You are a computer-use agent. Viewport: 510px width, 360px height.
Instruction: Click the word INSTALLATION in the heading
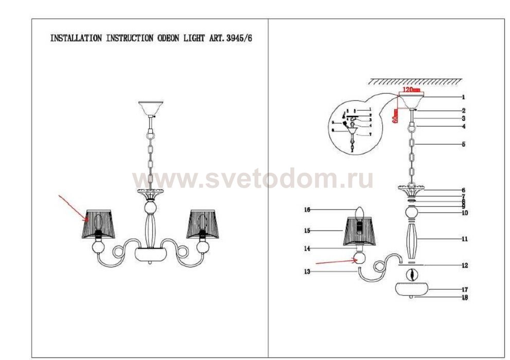pos(76,39)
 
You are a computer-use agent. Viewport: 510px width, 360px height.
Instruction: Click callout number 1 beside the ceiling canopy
pos(463,97)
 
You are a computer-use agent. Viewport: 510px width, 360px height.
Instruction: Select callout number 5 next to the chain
pos(463,145)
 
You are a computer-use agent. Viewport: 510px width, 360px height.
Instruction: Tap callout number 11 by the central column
pos(464,239)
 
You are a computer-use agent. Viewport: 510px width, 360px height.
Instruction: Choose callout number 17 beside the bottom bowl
pos(464,290)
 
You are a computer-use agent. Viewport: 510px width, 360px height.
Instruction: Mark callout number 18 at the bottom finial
pos(464,298)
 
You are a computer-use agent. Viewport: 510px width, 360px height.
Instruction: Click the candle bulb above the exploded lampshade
pos(360,212)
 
